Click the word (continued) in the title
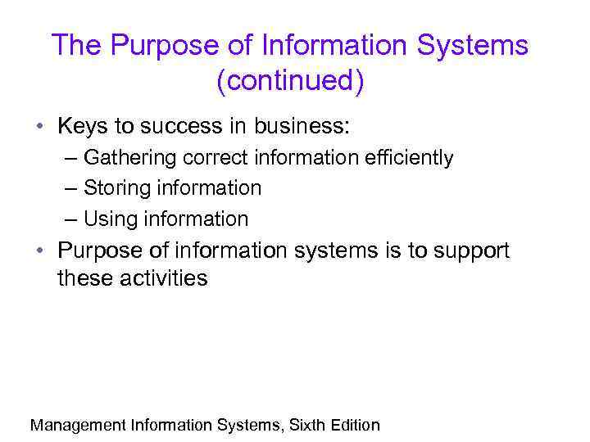290,82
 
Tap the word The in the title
77,45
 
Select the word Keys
83,127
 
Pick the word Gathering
125,157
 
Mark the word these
84,278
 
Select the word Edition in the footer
356,425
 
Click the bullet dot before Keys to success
39,128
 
